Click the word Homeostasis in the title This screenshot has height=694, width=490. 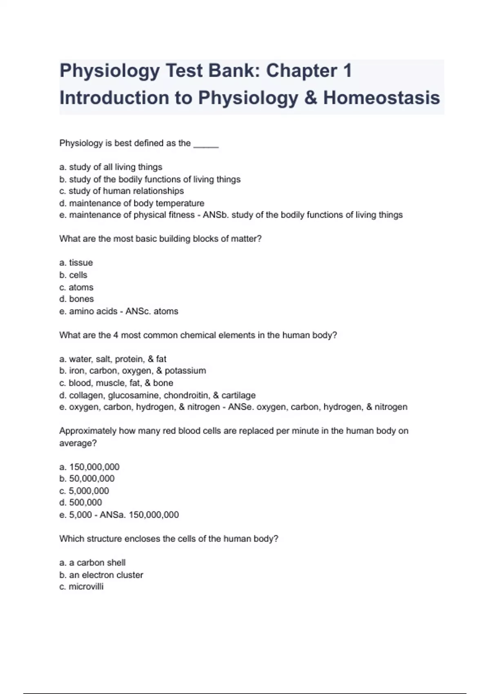381,98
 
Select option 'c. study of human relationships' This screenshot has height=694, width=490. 122,191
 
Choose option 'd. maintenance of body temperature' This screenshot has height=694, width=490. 131,203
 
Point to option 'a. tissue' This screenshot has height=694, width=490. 76,263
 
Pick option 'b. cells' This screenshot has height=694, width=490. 73,275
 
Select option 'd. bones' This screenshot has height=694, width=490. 76,299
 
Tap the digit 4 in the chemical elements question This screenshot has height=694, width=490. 116,335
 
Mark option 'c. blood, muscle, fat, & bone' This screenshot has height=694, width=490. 116,383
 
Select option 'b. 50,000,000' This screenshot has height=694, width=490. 87,478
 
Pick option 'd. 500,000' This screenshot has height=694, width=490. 80,503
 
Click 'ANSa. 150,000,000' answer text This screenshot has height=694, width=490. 139,515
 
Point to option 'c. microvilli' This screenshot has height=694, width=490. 81,587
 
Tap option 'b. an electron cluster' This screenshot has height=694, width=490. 101,575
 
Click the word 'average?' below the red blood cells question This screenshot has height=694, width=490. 78,443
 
